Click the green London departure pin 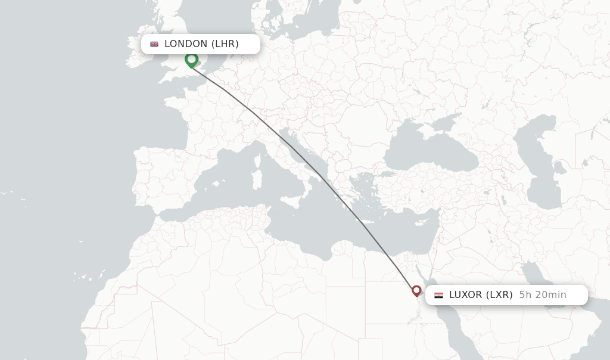pyautogui.click(x=191, y=60)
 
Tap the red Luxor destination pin pyautogui.click(x=416, y=290)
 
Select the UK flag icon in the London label pyautogui.click(x=154, y=44)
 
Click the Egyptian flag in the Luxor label pyautogui.click(x=438, y=295)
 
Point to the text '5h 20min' pyautogui.click(x=543, y=295)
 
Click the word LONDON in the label pyautogui.click(x=186, y=44)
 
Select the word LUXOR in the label pyautogui.click(x=465, y=295)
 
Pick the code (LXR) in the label pyautogui.click(x=499, y=295)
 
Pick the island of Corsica pyautogui.click(x=260, y=159)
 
